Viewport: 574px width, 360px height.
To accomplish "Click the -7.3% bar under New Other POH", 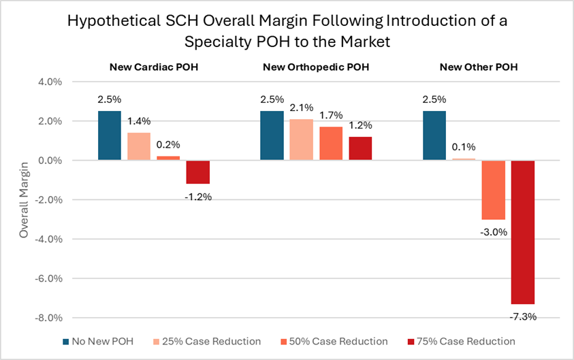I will click(x=522, y=232).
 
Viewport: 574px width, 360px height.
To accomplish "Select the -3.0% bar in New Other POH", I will click(x=493, y=190).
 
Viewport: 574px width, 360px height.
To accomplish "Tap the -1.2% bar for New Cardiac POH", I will click(x=197, y=172).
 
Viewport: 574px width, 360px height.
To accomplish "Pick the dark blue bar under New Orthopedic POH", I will click(x=272, y=135).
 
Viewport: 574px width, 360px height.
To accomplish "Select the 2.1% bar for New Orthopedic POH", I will click(x=301, y=140).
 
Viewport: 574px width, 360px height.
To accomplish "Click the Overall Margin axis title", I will click(x=24, y=200).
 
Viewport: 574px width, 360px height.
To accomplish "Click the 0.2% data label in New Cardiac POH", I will click(x=168, y=144).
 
